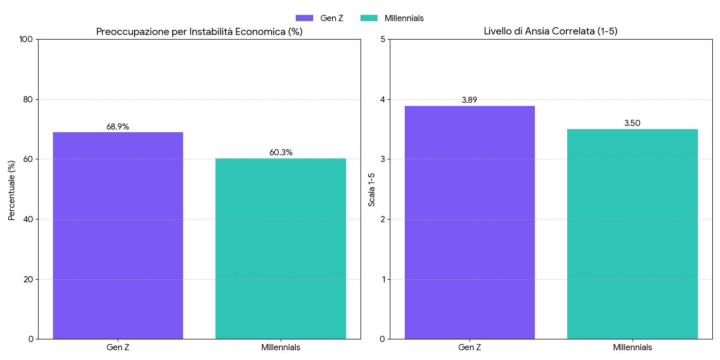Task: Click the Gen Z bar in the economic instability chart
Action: point(118,236)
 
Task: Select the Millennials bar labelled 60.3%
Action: point(281,248)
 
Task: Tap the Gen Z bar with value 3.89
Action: point(470,222)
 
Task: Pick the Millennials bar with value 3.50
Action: point(632,234)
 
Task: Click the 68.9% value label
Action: point(118,127)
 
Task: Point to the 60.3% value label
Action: point(281,152)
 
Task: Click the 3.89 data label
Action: point(470,100)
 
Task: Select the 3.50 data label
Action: point(632,123)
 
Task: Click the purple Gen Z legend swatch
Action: point(304,18)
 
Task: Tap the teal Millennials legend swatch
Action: point(368,18)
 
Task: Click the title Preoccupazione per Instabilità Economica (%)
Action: point(199,31)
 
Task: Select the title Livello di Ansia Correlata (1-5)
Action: point(550,31)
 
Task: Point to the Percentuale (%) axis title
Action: point(12,190)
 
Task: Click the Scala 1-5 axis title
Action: point(372,190)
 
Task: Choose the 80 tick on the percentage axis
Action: point(29,99)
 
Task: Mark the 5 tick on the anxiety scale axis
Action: point(382,40)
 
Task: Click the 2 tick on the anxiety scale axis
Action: point(382,220)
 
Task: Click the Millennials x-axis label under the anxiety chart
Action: point(632,348)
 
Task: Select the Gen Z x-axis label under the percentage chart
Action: point(118,348)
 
